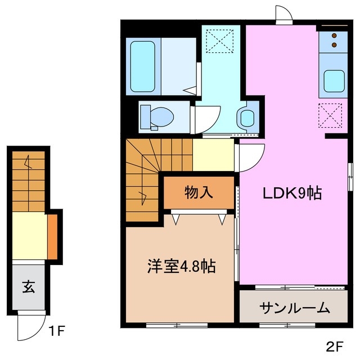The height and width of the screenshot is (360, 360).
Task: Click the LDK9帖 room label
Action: tap(293, 193)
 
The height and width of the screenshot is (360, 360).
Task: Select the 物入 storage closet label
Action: tap(199, 192)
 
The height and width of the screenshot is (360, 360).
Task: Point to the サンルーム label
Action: tap(294, 308)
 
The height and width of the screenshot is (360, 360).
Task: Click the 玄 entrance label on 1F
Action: tap(28, 287)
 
